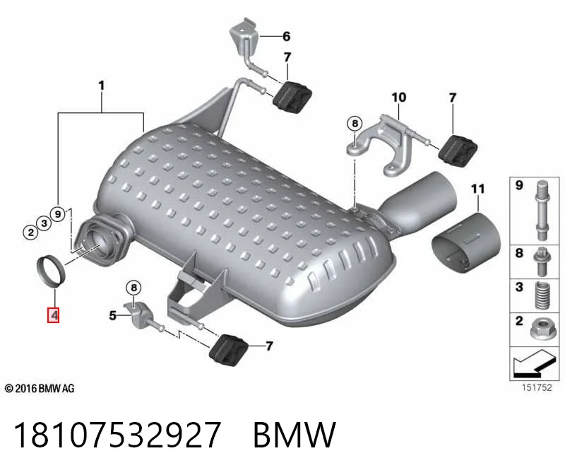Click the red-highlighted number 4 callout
coord(54,315)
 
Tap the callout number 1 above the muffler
coord(101,86)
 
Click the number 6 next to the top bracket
coord(287,36)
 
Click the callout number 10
coord(399,98)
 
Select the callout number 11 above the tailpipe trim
coord(478,189)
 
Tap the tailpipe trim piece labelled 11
coord(466,243)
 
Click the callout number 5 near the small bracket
coord(113,315)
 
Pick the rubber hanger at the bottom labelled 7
coord(228,351)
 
